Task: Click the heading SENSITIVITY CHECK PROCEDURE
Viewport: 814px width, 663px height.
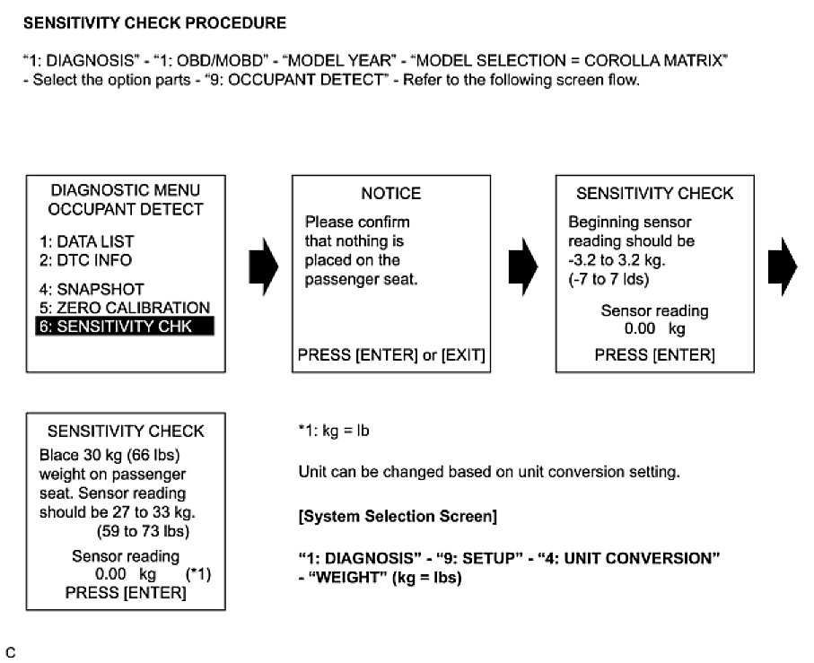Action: (154, 22)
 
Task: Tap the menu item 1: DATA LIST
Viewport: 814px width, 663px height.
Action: (86, 241)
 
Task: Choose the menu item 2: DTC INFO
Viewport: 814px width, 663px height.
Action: (85, 260)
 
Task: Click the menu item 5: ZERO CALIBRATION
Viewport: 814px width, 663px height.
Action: (124, 308)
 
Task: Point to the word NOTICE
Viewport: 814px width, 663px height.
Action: (390, 194)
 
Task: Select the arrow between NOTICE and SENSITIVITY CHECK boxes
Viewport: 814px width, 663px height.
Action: (522, 266)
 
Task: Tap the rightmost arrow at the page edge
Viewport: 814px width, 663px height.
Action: (783, 266)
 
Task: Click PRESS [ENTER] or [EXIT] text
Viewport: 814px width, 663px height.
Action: (390, 355)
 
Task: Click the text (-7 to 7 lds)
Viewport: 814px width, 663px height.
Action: (608, 280)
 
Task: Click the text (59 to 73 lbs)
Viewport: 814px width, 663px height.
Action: (126, 529)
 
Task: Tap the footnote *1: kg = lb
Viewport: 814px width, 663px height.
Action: (334, 432)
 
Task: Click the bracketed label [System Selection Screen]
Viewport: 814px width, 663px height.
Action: (398, 518)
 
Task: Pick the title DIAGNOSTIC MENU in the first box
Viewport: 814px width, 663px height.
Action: (125, 190)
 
